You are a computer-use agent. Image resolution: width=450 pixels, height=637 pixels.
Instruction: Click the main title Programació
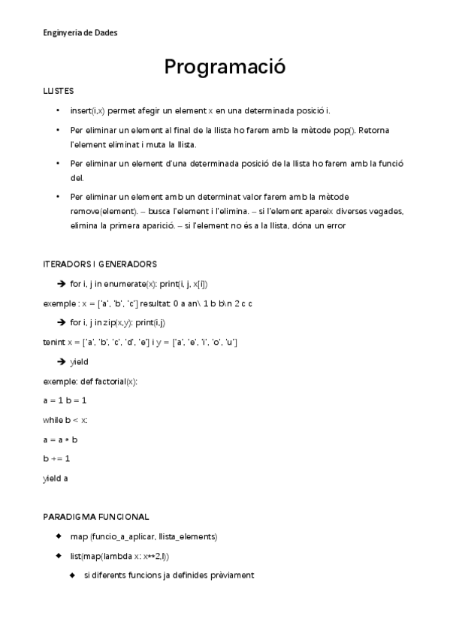(225, 67)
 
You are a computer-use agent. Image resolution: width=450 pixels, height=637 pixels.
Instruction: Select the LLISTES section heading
(59, 91)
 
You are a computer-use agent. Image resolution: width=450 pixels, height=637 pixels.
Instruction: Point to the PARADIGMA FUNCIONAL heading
(96, 517)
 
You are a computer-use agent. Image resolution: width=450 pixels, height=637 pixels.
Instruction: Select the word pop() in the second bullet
(343, 130)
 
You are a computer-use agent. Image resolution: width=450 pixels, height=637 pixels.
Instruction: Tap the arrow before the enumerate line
(62, 283)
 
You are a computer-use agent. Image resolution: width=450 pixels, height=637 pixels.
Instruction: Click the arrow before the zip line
(62, 322)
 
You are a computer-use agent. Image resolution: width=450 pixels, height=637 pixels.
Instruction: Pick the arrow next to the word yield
(62, 362)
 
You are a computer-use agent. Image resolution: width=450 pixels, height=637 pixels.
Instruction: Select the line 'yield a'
(56, 478)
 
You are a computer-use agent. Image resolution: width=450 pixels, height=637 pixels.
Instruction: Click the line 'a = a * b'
(61, 439)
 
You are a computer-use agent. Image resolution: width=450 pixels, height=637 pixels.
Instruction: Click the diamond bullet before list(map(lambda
(59, 556)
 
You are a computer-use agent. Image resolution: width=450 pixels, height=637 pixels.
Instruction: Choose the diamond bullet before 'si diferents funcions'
(73, 575)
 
